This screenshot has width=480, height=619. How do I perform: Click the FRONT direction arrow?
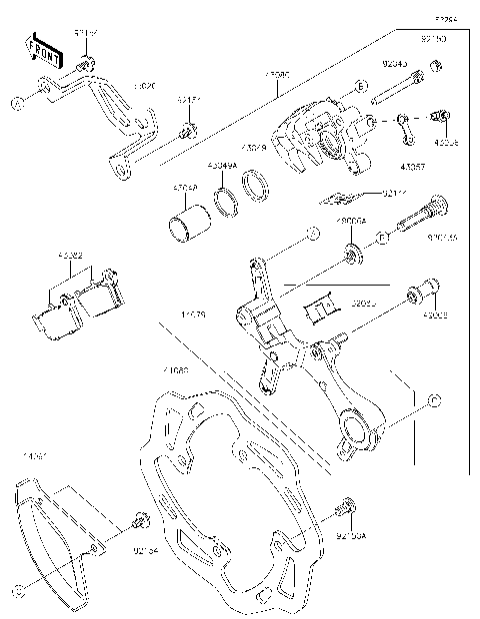pos(39,46)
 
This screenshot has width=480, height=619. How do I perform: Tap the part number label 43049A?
pos(222,165)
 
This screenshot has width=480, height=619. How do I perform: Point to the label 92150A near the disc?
pos(352,535)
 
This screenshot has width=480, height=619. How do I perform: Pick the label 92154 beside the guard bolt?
pos(147,548)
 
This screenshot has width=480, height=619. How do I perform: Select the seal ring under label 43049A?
pos(227,199)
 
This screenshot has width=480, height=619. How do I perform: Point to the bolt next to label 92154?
pos(139,520)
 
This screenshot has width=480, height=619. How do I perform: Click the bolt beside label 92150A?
pos(346,506)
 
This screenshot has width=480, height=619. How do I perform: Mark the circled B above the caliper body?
pos(361,89)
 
